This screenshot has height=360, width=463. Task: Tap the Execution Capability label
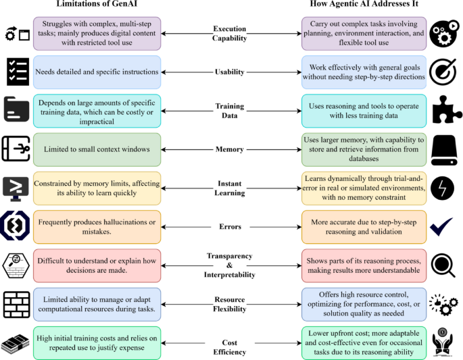tap(230, 34)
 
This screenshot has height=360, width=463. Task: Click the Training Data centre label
tap(230, 110)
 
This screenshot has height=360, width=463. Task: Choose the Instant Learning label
tap(230, 188)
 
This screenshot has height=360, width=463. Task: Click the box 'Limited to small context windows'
tap(97, 149)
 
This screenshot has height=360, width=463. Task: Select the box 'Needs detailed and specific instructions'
tap(97, 72)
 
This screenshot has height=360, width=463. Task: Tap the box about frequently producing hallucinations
tap(97, 226)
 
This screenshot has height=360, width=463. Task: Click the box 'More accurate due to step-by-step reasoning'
tap(364, 226)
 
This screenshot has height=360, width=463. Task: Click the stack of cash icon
tap(17, 341)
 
